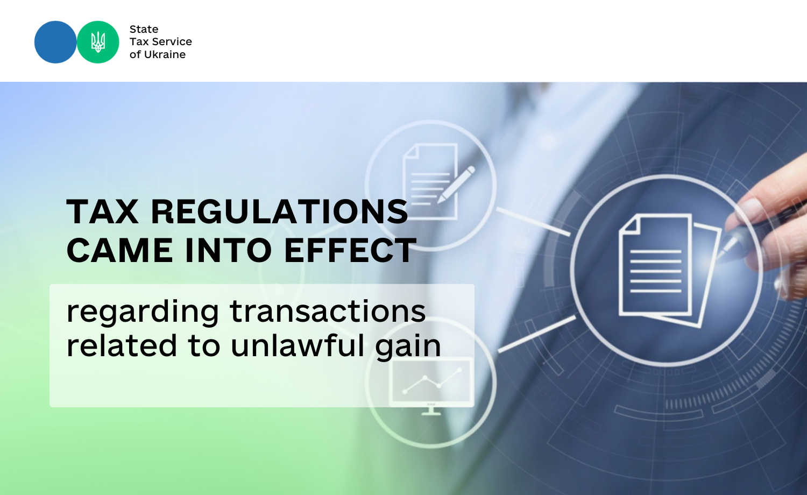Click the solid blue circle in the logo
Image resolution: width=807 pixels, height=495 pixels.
(55, 42)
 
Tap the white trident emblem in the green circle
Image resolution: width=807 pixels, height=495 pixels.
(98, 42)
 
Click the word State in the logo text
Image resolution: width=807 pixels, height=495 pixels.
(144, 29)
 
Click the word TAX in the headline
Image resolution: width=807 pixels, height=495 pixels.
(102, 211)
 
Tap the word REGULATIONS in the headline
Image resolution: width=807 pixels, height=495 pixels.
(280, 211)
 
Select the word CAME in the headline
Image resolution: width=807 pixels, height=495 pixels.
(119, 250)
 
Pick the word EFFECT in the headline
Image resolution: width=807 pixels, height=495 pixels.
(351, 250)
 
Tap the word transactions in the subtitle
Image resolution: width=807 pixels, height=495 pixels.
(328, 312)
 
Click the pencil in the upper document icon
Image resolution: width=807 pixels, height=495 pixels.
(456, 184)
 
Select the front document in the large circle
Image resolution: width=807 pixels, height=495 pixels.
(655, 265)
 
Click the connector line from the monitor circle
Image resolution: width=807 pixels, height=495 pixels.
(537, 334)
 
